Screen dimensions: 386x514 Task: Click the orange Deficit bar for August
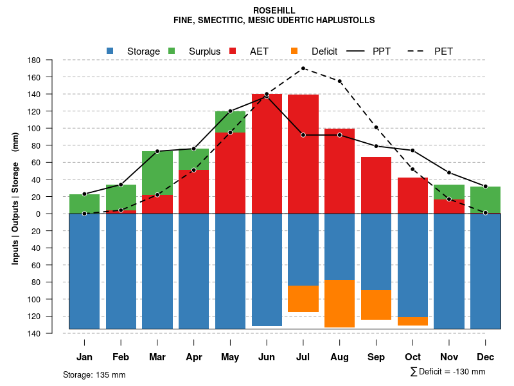pos(339,304)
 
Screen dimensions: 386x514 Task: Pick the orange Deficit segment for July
pos(303,299)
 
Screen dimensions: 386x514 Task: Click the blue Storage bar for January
pos(84,271)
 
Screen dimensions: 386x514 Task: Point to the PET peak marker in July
pos(303,68)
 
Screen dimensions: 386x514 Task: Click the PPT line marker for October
pos(412,151)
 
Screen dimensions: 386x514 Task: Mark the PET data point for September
pos(376,127)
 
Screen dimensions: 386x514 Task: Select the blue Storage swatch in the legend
pos(110,51)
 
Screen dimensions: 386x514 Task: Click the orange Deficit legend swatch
pos(294,51)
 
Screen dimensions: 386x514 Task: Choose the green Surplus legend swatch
pos(172,51)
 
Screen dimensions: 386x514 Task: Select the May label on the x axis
pos(230,357)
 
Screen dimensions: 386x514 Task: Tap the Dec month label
pos(485,357)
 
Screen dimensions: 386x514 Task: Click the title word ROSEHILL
pos(274,11)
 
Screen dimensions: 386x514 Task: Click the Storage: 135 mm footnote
pos(94,374)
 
